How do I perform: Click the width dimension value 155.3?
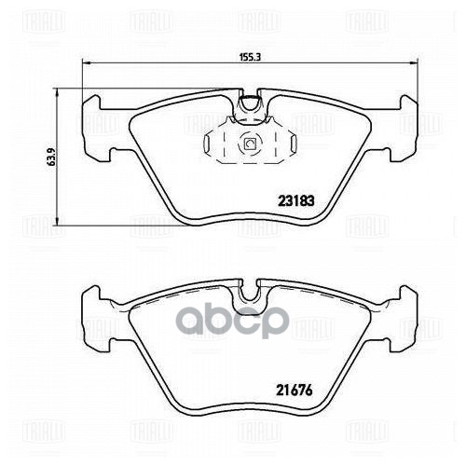click(x=247, y=55)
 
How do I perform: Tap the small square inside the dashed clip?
click(x=249, y=144)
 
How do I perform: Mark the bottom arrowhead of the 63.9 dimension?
click(x=59, y=223)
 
